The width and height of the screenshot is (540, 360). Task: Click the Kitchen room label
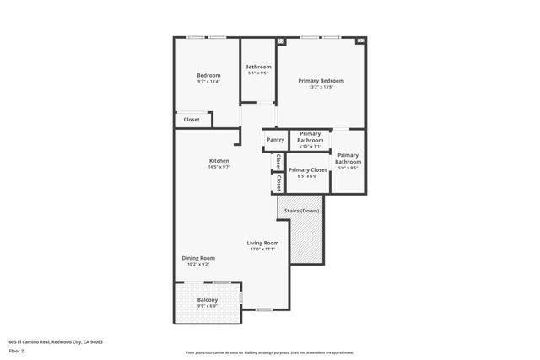tap(219, 161)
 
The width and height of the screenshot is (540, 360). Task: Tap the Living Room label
tap(262, 243)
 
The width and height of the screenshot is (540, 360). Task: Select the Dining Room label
tap(198, 258)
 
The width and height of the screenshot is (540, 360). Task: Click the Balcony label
tap(208, 300)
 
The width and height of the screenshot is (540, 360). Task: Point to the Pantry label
tap(275, 140)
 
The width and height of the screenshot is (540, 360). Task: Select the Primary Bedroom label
tap(321, 81)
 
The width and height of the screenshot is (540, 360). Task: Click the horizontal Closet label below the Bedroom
tap(192, 120)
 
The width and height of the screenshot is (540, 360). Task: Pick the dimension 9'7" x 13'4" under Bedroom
tap(208, 82)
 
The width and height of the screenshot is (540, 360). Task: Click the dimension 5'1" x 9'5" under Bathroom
tap(258, 73)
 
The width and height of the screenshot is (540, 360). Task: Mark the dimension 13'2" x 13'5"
tap(321, 87)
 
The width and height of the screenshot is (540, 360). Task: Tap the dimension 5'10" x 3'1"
tap(310, 147)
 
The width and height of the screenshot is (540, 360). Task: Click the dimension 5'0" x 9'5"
tap(348, 167)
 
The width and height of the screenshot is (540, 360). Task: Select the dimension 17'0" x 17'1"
tap(262, 249)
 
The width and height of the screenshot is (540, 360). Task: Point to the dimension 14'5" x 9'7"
tap(219, 167)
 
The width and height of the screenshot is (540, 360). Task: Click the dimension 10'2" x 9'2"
tap(198, 264)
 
